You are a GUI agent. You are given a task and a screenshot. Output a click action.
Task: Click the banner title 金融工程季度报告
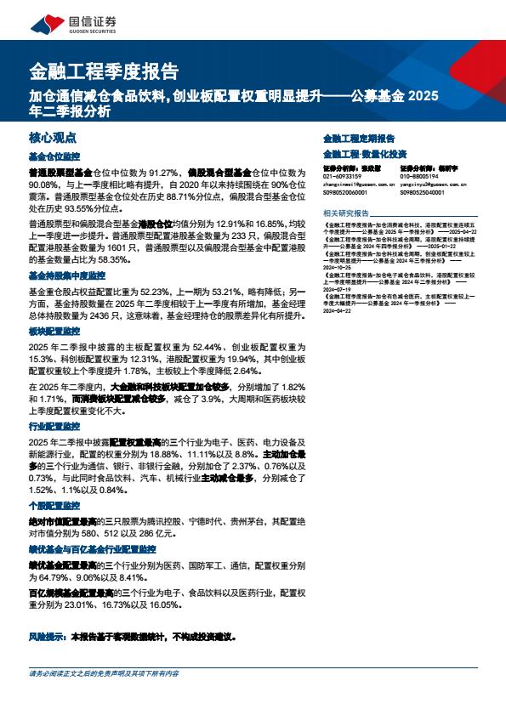point(104,71)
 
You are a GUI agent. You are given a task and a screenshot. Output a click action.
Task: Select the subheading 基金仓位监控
point(54,157)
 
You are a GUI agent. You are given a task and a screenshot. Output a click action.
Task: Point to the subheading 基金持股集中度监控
point(67,276)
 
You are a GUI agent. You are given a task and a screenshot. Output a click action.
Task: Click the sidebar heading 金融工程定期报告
point(359,138)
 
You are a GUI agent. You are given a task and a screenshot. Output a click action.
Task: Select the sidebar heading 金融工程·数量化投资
point(364,154)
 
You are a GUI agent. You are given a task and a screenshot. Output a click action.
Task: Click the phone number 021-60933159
point(343,176)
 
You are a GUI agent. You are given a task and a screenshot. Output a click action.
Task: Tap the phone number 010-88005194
point(419,176)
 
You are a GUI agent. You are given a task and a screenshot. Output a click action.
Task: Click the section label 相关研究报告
point(346,213)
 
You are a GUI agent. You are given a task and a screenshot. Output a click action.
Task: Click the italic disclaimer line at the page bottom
point(103,673)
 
